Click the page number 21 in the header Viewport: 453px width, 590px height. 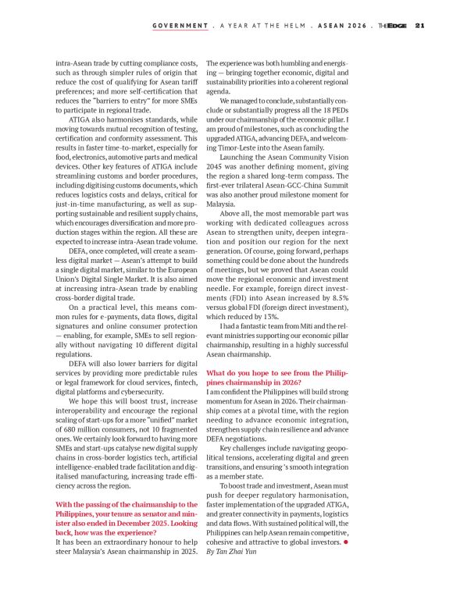(419, 25)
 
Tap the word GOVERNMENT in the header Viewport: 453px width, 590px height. (180, 25)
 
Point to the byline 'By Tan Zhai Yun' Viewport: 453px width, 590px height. (235, 551)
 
